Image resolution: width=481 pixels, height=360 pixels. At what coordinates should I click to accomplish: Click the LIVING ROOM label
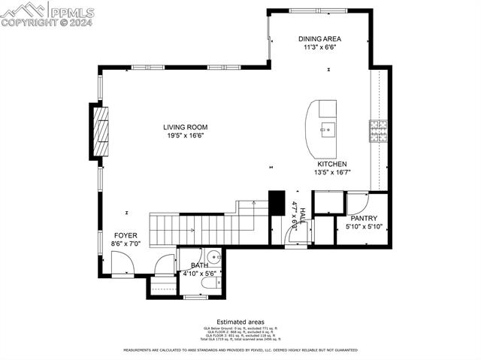click(186, 127)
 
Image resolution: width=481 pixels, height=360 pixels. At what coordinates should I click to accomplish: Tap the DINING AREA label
click(319, 38)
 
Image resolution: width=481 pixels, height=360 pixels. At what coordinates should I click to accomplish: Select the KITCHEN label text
click(331, 163)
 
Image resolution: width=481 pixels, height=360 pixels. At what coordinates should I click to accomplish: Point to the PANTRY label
click(364, 218)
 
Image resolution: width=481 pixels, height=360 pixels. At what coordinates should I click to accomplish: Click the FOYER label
click(126, 235)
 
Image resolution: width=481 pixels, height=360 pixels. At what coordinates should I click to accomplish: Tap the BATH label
click(199, 265)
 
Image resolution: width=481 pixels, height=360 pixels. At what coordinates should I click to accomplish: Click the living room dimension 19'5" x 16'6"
click(186, 136)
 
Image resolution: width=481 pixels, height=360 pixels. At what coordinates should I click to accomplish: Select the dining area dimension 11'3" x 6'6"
click(319, 47)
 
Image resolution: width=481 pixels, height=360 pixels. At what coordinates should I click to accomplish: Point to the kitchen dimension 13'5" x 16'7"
click(331, 172)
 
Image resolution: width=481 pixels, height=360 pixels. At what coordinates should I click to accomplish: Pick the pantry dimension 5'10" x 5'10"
click(364, 226)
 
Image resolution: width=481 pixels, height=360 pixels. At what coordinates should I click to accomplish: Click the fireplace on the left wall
click(100, 132)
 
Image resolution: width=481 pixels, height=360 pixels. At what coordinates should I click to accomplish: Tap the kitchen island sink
click(327, 129)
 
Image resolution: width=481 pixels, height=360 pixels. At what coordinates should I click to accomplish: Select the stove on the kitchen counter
click(377, 131)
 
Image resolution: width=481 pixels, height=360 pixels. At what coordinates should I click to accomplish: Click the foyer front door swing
click(121, 265)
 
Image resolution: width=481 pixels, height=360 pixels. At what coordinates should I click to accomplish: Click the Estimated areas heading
click(240, 321)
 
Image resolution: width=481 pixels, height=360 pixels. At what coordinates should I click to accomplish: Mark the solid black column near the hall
click(277, 204)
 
